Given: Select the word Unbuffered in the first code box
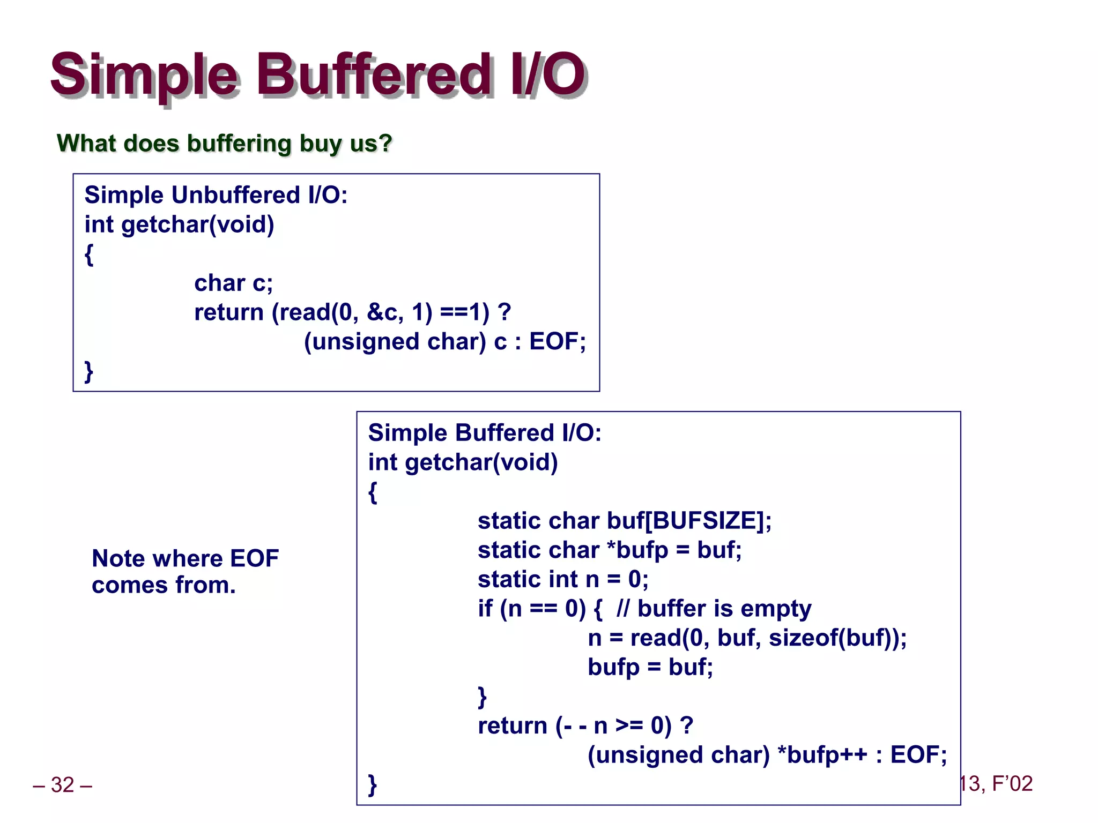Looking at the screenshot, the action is click(235, 195).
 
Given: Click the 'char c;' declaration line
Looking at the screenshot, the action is click(233, 283).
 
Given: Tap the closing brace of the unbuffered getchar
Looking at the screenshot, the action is click(89, 371).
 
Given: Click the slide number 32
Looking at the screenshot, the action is click(62, 785).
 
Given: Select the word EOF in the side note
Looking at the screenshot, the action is click(254, 559).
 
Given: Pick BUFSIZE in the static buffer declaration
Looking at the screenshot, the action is click(708, 521).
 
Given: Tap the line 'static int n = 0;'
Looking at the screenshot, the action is click(563, 579).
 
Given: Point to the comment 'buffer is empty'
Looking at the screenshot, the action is click(724, 609).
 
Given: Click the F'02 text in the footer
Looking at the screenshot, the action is click(1012, 784).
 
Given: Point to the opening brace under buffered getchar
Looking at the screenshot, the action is click(373, 492).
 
